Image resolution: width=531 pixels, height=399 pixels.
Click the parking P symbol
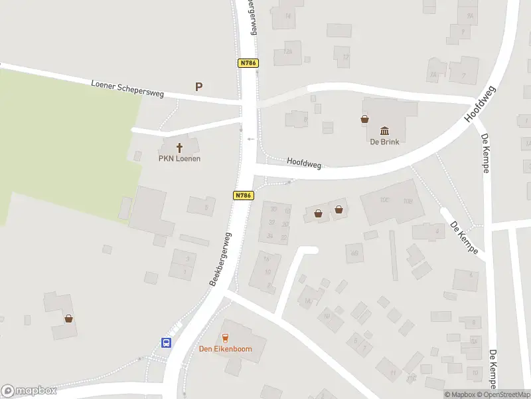[x=198, y=86]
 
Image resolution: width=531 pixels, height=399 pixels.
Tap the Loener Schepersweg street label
[x=127, y=89]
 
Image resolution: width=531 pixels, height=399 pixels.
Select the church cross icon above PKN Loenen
[x=179, y=147]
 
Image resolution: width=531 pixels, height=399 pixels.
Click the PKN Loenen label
[x=179, y=158]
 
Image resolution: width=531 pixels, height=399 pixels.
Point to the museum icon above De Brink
[x=384, y=130]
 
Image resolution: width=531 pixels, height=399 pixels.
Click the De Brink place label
[x=384, y=141]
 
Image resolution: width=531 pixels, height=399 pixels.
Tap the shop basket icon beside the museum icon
[x=364, y=119]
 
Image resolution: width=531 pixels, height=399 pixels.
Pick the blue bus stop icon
[x=166, y=342]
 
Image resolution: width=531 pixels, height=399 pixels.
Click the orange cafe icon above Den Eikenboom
[x=225, y=338]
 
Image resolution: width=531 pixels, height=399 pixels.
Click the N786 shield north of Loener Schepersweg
[x=247, y=63]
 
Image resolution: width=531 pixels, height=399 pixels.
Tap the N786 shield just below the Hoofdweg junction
[x=243, y=196]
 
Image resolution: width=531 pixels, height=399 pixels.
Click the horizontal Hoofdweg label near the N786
[x=304, y=162]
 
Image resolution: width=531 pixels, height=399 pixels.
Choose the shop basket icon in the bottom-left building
[x=68, y=319]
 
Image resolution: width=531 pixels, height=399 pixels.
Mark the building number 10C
[x=384, y=199]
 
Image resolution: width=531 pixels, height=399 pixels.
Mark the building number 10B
[x=408, y=201]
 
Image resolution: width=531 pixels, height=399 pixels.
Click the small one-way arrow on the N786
[x=250, y=139]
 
